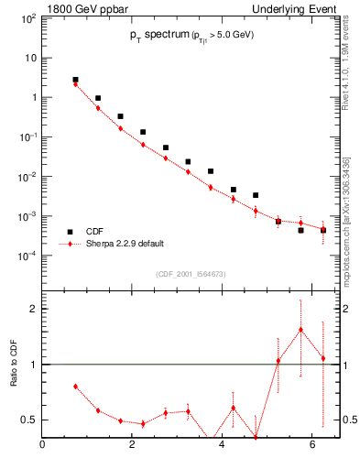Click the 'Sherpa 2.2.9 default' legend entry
pos(123,245)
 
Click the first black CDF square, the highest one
pos(75,80)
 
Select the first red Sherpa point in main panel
pos(75,84)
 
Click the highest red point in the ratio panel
pos(300,330)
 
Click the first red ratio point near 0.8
pos(75,387)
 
